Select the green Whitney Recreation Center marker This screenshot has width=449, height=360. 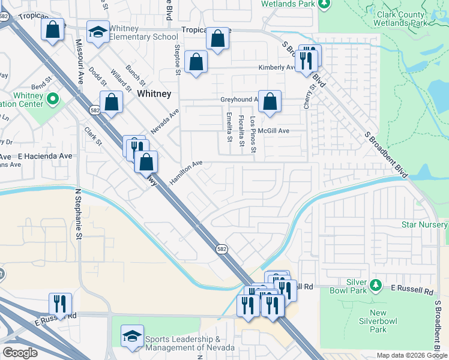coord(52,98)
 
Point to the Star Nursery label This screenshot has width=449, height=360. coord(424,225)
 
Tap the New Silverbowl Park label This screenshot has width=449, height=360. coord(378,321)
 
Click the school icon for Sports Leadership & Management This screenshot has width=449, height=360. coord(132,337)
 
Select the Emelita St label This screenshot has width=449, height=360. coord(229,127)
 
